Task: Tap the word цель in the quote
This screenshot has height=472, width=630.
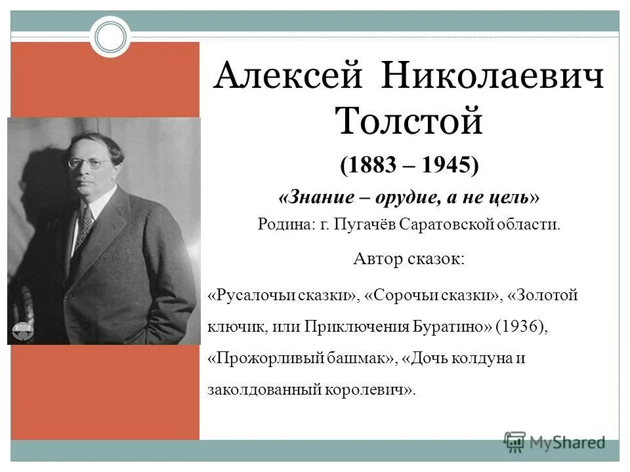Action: (511, 197)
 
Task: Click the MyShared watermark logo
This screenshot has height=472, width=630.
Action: (555, 442)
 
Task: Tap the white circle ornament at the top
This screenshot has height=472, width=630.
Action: (110, 37)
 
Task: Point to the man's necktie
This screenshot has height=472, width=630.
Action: (84, 226)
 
